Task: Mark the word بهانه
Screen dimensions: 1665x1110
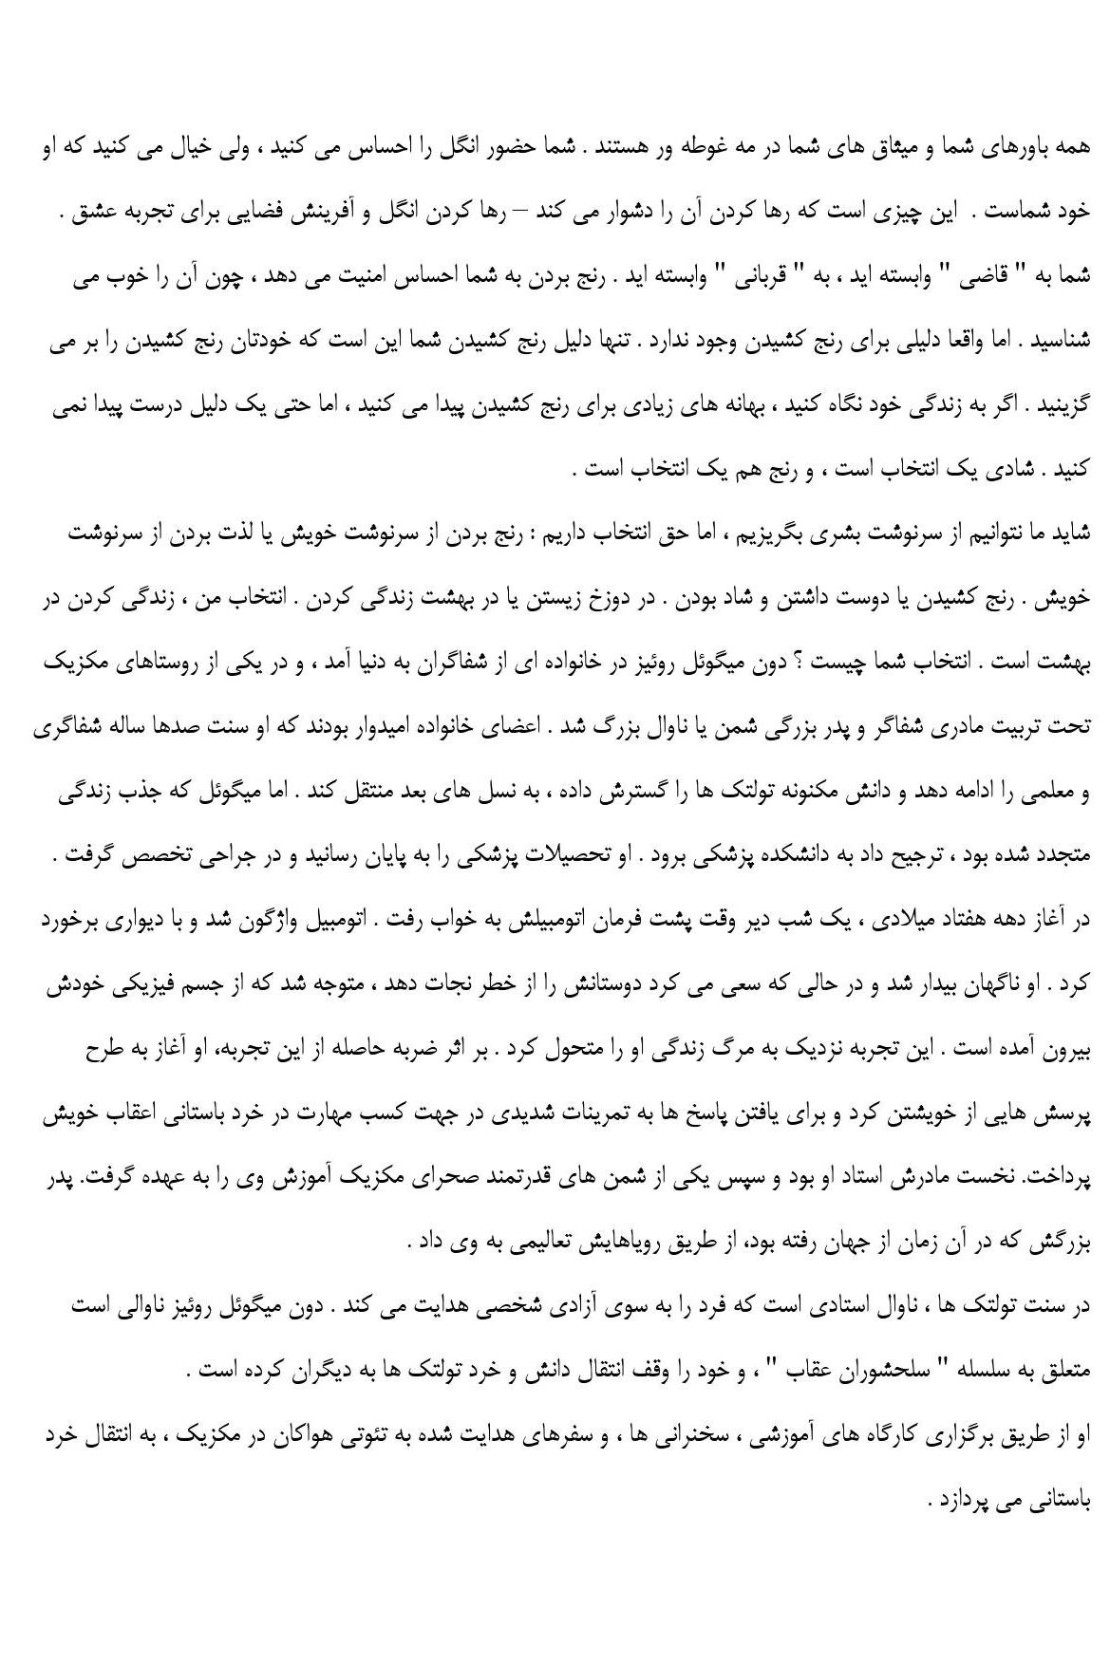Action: tap(741, 406)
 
